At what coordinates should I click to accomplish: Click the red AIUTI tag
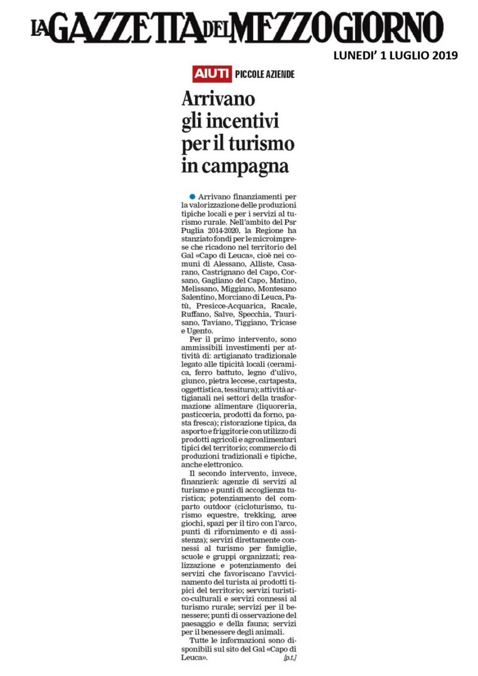coord(212,74)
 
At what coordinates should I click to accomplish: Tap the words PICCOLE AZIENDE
coord(265,74)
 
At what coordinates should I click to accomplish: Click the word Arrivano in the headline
coord(218,99)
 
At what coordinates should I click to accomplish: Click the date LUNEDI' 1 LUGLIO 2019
coord(395,56)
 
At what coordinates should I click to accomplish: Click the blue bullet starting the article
coord(192,196)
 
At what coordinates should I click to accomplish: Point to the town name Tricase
coord(283,322)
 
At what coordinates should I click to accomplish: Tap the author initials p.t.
coord(290,658)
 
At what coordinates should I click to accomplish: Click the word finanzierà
coord(199,481)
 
